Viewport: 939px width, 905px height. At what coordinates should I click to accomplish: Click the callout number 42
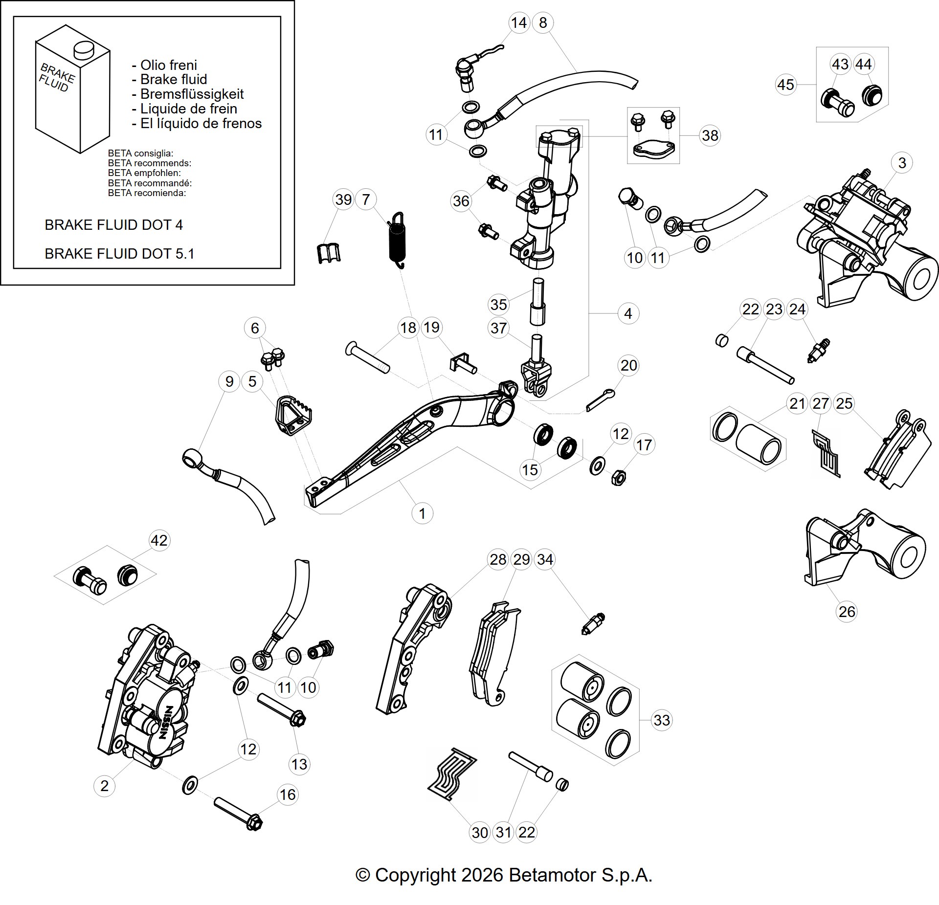click(159, 540)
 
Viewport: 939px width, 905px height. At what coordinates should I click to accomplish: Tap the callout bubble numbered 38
click(710, 135)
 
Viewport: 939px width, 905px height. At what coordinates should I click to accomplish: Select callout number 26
click(847, 612)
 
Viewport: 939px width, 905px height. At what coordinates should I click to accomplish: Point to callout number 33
click(662, 720)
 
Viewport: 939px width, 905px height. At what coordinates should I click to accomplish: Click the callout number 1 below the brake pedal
click(422, 513)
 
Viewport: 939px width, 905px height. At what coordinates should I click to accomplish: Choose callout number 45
click(785, 85)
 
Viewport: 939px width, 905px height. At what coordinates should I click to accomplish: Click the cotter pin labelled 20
click(600, 399)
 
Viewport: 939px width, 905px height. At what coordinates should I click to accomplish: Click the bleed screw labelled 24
click(817, 350)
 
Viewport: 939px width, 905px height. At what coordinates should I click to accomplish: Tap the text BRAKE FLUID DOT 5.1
click(119, 253)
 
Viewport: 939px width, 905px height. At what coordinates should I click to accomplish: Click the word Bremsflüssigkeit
click(192, 94)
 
